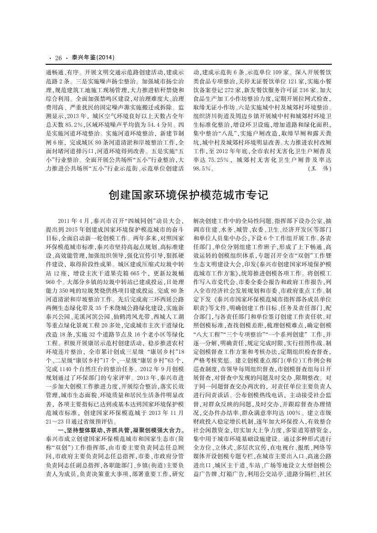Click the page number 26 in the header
[58, 57]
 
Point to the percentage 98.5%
[203, 168]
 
